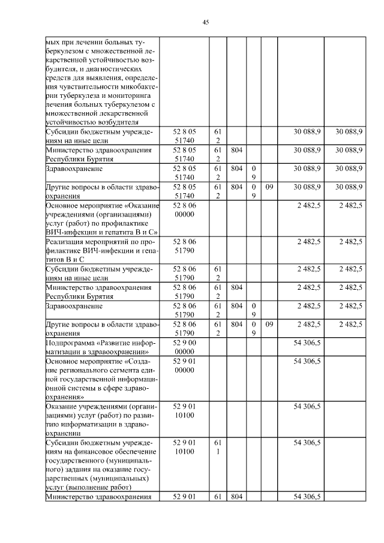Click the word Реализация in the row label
point(67,242)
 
